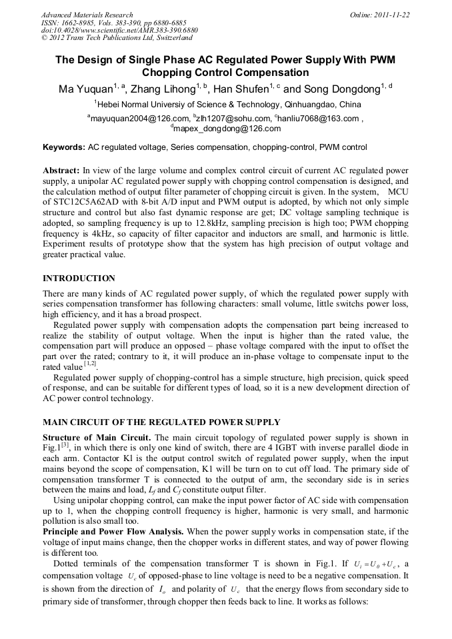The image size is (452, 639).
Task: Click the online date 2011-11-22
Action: pyautogui.click(x=391, y=14)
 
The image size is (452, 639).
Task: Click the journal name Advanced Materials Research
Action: pyautogui.click(x=87, y=14)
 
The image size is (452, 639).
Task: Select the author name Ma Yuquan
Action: pyautogui.click(x=82, y=88)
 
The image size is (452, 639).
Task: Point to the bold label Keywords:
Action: pyautogui.click(x=63, y=147)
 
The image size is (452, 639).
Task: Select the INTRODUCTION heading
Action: pyautogui.click(x=79, y=278)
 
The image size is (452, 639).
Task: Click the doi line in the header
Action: pyautogui.click(x=119, y=31)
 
